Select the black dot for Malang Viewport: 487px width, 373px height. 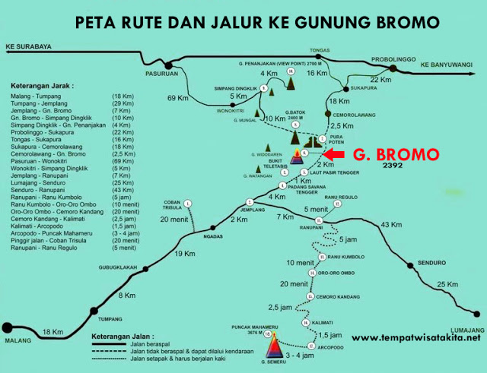point(8,327)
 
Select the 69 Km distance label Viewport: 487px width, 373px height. point(178,99)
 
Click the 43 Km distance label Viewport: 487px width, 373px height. point(390,225)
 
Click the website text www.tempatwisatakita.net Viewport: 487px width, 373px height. point(416,338)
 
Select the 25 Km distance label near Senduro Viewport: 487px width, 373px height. point(448,284)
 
